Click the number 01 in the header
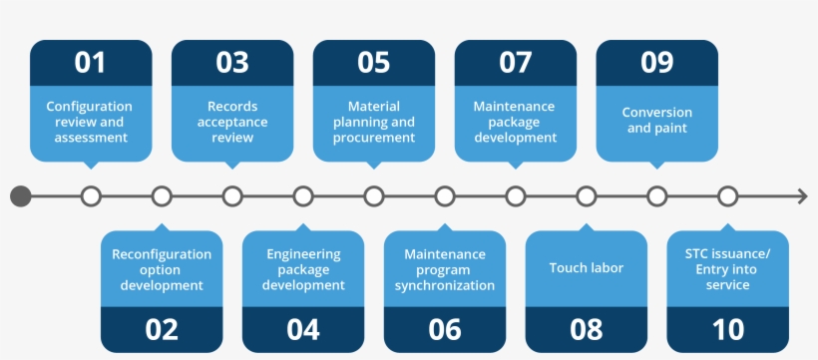click(90, 62)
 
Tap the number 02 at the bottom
click(162, 329)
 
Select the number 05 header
click(373, 62)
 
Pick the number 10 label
click(727, 329)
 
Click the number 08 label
click(586, 329)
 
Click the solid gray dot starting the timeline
click(21, 196)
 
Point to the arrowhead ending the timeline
click(802, 196)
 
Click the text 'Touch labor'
click(586, 268)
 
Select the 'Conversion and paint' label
click(656, 120)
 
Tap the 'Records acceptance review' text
click(232, 122)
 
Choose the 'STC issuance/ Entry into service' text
click(727, 269)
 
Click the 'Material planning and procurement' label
click(373, 122)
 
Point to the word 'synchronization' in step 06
click(445, 285)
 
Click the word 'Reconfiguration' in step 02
click(162, 254)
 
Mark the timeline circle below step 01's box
click(91, 196)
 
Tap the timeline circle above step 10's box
click(727, 196)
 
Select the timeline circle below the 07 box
click(516, 196)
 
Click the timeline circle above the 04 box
click(303, 196)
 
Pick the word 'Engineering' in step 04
click(303, 254)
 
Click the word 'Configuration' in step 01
click(89, 107)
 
